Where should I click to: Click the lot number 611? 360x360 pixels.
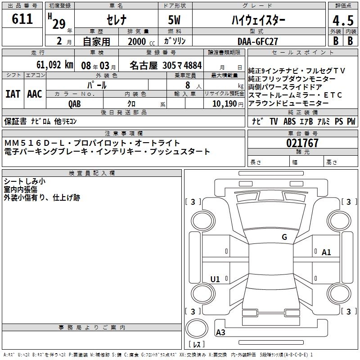[x=22, y=19]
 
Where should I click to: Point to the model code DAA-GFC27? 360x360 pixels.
[x=258, y=41]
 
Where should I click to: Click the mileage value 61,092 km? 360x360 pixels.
[x=50, y=65]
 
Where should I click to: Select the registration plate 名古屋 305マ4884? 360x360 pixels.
[x=166, y=65]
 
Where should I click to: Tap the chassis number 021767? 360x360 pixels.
[x=302, y=144]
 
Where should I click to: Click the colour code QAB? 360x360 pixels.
[x=75, y=103]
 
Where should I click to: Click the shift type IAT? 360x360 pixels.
[x=13, y=94]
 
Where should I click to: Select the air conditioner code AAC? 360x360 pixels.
[x=35, y=94]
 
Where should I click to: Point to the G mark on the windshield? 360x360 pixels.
[x=284, y=237]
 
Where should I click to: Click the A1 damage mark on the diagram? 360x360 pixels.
[x=326, y=252]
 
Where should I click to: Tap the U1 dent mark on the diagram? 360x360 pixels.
[x=215, y=279]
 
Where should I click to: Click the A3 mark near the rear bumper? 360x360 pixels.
[x=220, y=333]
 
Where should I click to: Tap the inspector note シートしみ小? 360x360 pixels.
[x=24, y=181]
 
